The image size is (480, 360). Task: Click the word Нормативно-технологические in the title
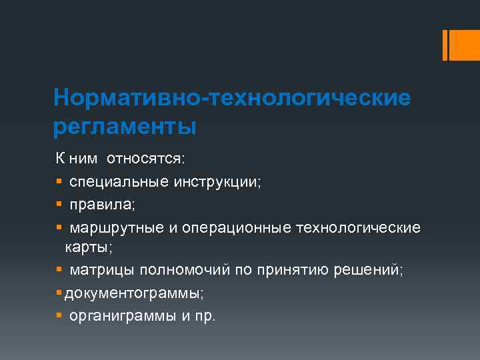point(232,98)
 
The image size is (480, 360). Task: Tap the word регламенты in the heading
point(125,126)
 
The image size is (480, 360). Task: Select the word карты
point(87,248)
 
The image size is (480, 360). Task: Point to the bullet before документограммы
point(59,293)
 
